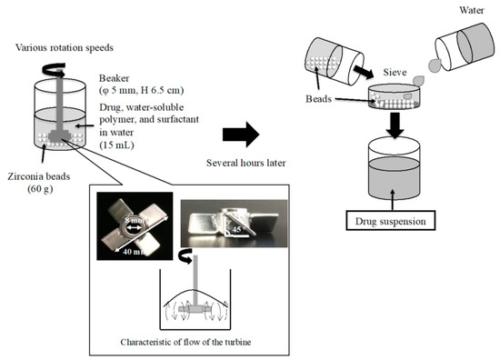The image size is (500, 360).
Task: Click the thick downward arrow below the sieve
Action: [x=395, y=123]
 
